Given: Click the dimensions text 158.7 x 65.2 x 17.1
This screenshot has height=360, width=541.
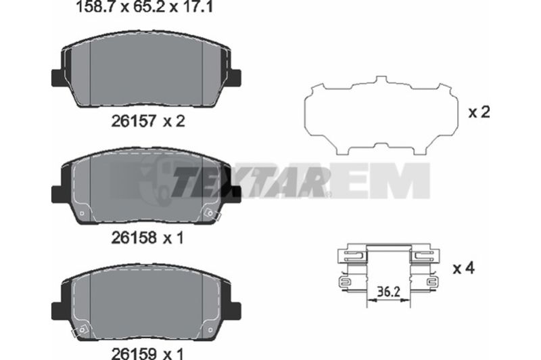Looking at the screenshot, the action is pos(144,7).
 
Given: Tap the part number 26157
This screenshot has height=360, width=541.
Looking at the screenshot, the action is pos(134,121).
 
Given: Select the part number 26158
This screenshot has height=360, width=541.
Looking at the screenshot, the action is pos(134,238).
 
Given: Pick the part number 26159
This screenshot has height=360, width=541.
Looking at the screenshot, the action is pos(134,353).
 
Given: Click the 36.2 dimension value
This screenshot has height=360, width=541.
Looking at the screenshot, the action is pos(388,292).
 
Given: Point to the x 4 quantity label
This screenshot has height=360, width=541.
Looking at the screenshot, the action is pos(464,268).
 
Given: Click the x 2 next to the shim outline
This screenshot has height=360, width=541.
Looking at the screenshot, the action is pos(479,112).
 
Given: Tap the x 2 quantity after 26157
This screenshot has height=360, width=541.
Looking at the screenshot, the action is pos(174,121).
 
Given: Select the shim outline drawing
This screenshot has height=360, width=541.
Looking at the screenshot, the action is pos(381,116).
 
